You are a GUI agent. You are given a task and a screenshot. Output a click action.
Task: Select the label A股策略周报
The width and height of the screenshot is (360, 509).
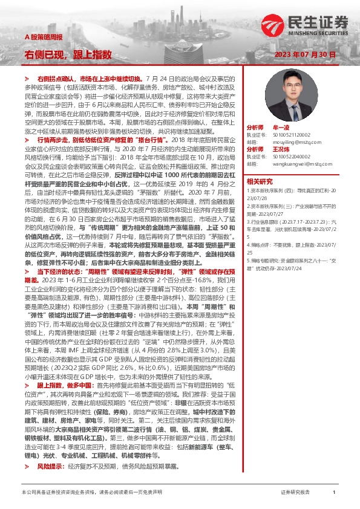point(43,37)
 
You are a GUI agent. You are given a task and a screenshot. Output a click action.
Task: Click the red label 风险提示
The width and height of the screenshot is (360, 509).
point(51,467)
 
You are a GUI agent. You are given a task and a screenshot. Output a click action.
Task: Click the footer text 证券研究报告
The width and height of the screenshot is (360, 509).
point(295,493)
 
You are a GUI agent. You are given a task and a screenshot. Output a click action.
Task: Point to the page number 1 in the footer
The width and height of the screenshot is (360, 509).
point(334,493)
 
